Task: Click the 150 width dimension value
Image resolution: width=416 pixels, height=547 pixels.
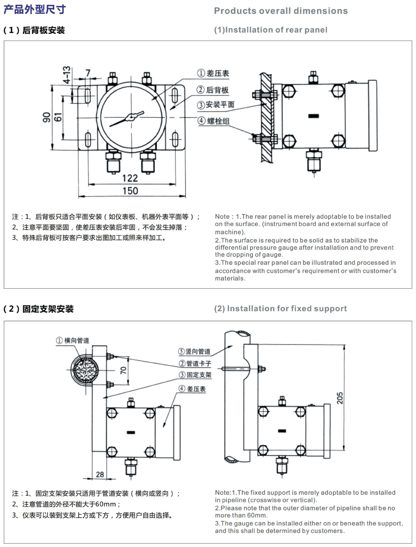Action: point(130,191)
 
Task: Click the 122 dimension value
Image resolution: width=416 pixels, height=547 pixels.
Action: point(130,178)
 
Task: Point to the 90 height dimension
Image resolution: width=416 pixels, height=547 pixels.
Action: point(46,117)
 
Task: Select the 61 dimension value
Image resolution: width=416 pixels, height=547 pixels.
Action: point(58,117)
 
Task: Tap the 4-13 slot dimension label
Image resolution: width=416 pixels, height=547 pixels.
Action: point(67,75)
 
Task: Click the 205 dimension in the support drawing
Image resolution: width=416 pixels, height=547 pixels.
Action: point(340,398)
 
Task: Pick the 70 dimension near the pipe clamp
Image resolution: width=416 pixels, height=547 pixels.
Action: point(123,370)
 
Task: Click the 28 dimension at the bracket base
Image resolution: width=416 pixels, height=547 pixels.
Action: point(100,475)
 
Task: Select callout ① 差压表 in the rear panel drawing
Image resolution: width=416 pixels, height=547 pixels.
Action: point(213,73)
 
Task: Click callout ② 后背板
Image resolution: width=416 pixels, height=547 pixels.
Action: point(213,90)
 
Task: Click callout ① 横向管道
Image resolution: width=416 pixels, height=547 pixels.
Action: point(72,340)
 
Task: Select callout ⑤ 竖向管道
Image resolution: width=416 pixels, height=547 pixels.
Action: point(194,351)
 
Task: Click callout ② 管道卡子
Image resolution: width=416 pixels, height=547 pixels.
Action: point(195,363)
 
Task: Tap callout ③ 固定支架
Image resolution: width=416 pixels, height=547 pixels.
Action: point(195,375)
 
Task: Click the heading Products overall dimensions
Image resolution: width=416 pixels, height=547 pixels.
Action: point(280,11)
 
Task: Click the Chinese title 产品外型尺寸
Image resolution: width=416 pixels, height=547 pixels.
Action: point(35,9)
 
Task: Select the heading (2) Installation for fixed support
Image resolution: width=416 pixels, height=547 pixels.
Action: point(280,308)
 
